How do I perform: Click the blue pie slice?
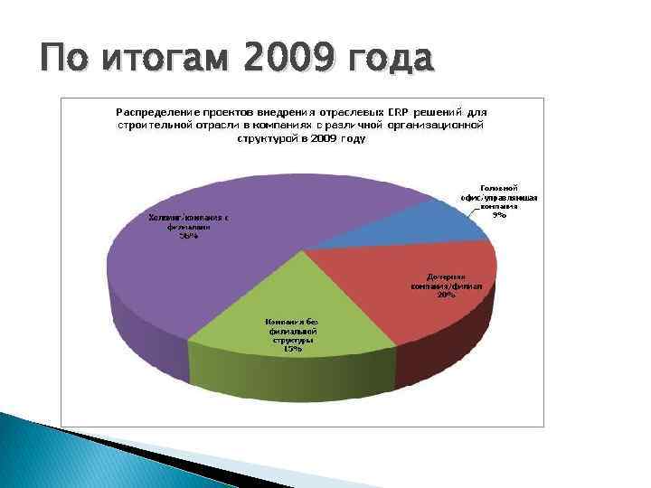(443, 221)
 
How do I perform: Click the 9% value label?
(499, 215)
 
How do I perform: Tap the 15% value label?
(291, 349)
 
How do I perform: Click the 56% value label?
(188, 236)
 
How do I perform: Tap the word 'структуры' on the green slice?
(291, 340)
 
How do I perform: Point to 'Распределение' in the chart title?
(155, 110)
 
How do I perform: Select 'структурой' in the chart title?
(268, 139)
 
